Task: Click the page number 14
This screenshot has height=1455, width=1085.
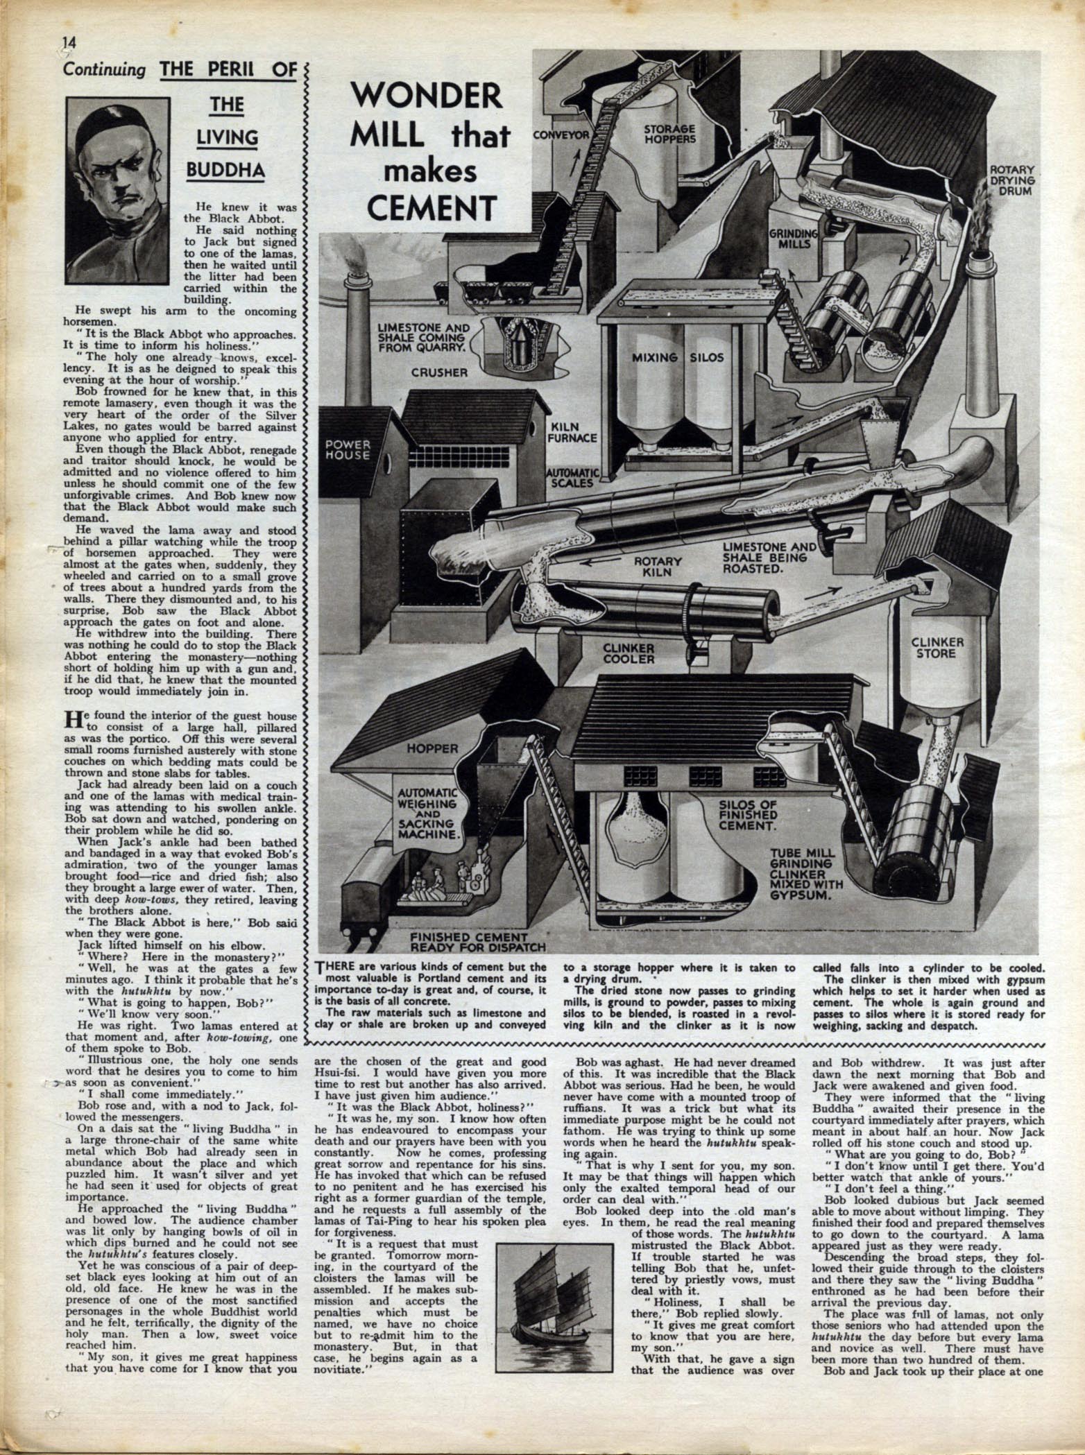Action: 69,43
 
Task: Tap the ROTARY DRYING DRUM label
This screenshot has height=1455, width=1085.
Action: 1012,180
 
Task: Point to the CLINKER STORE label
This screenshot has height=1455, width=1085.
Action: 937,648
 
